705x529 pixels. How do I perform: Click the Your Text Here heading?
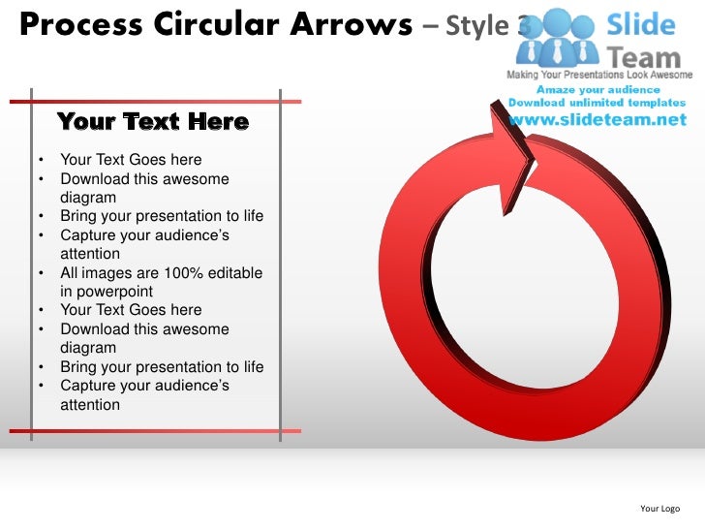[152, 122]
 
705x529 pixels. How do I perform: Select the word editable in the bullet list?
[230, 273]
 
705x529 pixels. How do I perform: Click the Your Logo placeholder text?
[659, 509]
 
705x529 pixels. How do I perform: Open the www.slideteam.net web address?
[598, 120]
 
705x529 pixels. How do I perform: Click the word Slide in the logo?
[640, 22]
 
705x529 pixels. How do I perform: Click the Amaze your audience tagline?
[598, 89]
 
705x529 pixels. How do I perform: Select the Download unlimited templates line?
[598, 103]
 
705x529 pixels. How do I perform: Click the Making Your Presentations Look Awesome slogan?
[598, 75]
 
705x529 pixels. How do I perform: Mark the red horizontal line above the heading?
[155, 101]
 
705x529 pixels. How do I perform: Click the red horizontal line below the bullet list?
[155, 429]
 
